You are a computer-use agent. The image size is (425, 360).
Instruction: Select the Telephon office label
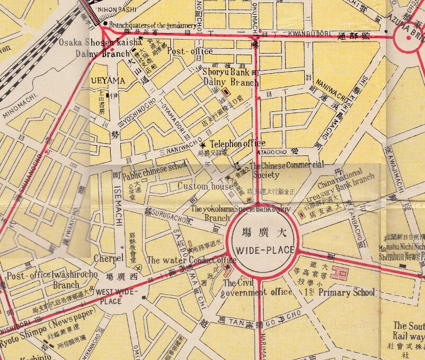(237, 144)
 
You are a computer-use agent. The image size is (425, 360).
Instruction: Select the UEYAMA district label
(108, 80)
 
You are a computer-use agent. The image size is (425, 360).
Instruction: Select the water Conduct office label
(191, 260)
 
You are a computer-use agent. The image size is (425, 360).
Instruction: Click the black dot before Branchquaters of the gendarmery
(105, 24)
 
